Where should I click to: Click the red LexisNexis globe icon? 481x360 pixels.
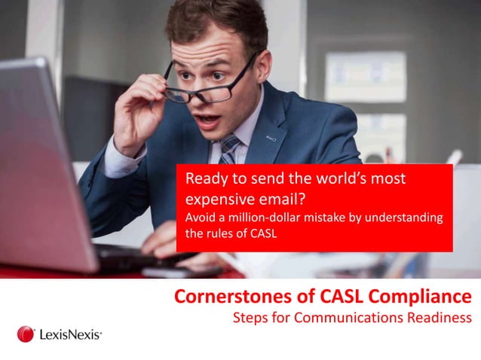(26, 334)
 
